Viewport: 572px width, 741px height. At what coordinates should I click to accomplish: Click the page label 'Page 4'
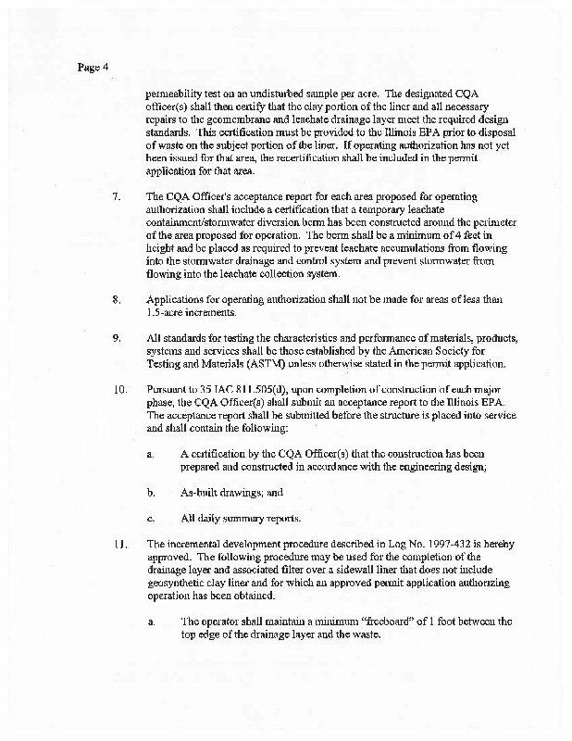pyautogui.click(x=93, y=68)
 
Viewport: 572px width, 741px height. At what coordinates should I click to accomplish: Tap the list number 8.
pyautogui.click(x=116, y=299)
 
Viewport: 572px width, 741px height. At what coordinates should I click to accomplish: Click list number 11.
pyautogui.click(x=118, y=544)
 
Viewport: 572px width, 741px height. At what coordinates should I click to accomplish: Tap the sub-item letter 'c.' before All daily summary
pyautogui.click(x=150, y=518)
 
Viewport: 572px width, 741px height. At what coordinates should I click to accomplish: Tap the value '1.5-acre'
pyautogui.click(x=167, y=312)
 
